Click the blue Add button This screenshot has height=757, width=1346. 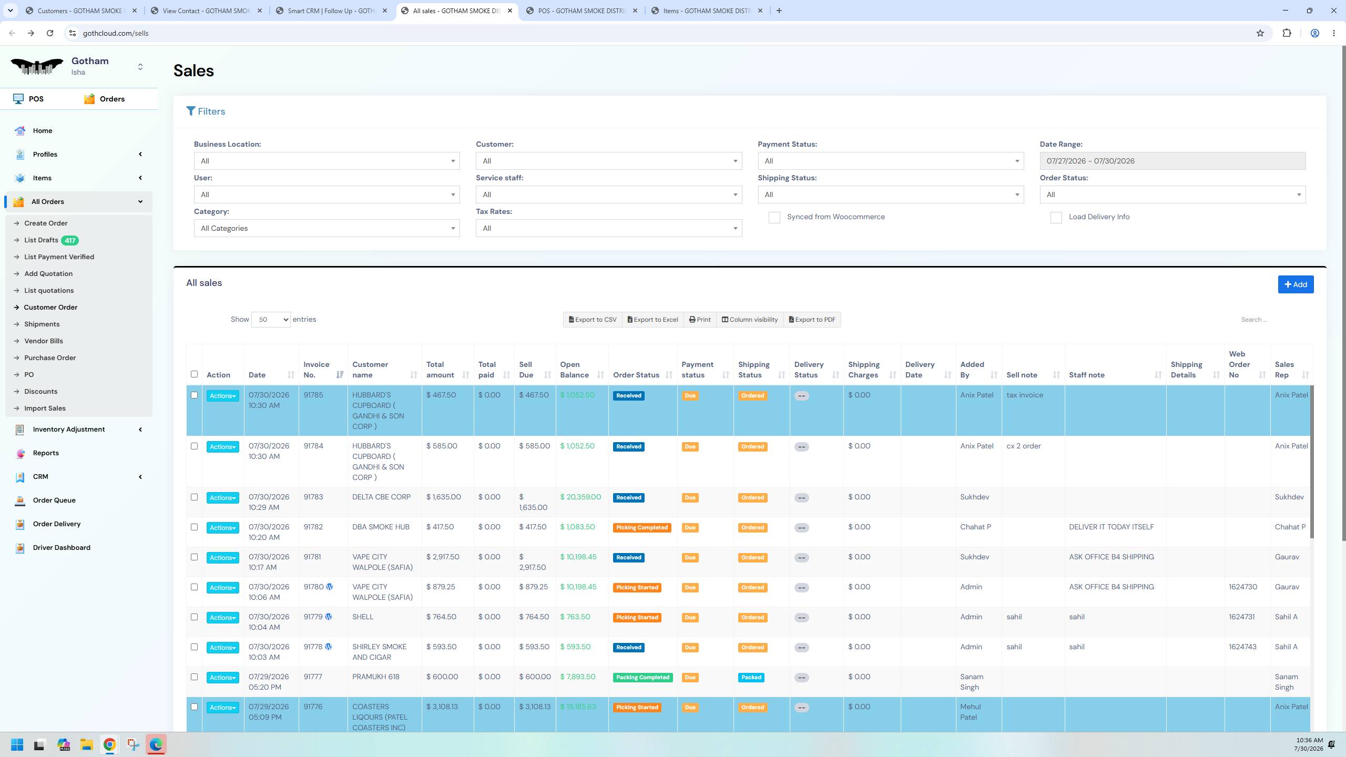point(1296,284)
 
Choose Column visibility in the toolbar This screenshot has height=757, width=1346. point(749,320)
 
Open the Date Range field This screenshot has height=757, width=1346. point(1172,161)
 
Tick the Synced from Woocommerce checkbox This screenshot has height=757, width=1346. point(774,218)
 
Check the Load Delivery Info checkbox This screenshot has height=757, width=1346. point(1056,218)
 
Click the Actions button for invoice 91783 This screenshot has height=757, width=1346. point(222,498)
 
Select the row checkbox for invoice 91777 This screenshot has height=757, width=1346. point(194,677)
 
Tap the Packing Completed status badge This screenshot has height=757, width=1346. point(643,678)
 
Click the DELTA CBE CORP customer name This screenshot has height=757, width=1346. point(381,497)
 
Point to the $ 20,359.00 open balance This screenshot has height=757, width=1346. point(580,497)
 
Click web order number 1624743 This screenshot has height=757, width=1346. point(1242,647)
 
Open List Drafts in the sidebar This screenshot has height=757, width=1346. point(41,240)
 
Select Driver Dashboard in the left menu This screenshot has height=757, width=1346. point(62,547)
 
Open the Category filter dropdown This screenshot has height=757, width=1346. point(327,228)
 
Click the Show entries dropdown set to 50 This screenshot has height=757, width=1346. point(271,320)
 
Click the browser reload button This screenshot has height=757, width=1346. point(50,33)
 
